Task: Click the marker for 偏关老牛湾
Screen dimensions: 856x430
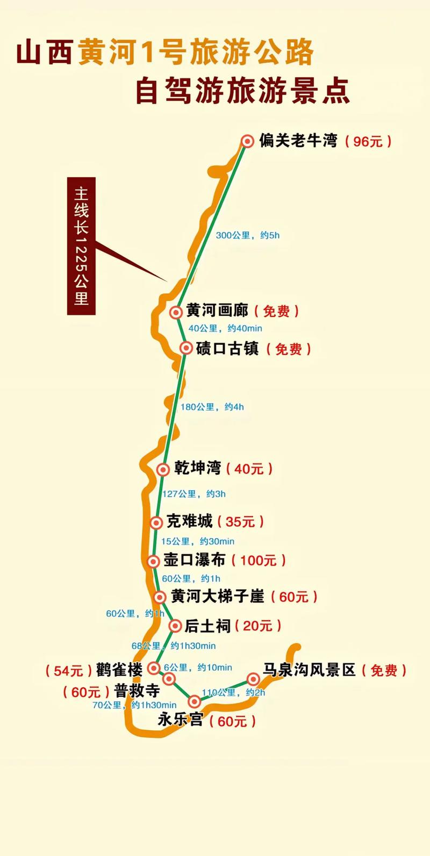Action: point(247,141)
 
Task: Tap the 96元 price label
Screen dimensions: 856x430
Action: point(368,142)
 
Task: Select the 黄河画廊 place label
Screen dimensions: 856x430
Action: point(217,311)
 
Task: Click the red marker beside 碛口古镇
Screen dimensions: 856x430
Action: point(186,348)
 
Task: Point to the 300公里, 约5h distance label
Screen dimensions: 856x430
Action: point(247,235)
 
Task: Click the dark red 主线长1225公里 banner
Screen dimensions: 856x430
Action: point(81,245)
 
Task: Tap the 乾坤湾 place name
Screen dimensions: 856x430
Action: point(197,468)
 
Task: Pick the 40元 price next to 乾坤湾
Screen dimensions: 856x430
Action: point(249,469)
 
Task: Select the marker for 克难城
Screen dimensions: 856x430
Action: point(156,523)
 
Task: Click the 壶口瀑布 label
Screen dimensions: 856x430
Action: point(194,560)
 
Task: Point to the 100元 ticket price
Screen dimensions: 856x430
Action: point(258,561)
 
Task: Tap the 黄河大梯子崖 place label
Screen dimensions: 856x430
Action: point(218,596)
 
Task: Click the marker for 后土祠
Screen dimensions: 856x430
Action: point(175,626)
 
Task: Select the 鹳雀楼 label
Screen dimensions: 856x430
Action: point(119,670)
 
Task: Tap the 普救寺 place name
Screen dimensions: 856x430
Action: point(137,691)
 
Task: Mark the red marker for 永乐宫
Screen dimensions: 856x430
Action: point(195,701)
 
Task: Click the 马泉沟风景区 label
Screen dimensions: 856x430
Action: point(309,670)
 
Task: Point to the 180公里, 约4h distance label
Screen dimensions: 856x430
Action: point(212,407)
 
